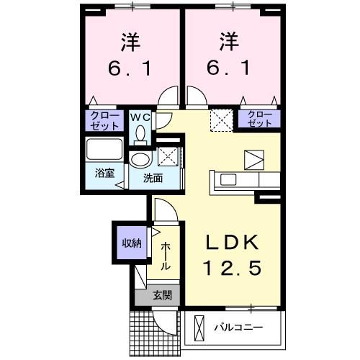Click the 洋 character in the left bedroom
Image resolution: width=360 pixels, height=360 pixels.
pos(130,41)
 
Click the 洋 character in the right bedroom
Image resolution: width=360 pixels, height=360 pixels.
pos(229,41)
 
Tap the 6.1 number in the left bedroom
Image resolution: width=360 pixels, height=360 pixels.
pos(130,69)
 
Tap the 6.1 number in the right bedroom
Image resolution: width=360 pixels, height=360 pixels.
pos(229,69)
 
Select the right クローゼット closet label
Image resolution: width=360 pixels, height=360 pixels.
pos(260,119)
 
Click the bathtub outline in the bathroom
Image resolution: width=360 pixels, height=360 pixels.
pos(105,152)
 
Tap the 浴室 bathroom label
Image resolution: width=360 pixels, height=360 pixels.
pos(104,173)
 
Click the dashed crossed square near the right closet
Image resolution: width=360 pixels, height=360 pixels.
pos(218,119)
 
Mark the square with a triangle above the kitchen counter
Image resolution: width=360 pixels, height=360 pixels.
pos(254,158)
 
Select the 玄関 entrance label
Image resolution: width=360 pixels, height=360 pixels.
pos(161,294)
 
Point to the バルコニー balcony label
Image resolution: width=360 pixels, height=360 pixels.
pos(238,329)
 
